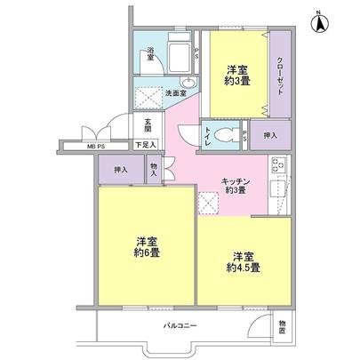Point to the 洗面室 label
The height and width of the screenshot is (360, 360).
click(x=175, y=92)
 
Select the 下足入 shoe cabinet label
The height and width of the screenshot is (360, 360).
click(x=146, y=144)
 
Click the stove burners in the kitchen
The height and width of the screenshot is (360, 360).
click(x=276, y=165)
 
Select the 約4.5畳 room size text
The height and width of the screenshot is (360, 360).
click(x=243, y=267)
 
